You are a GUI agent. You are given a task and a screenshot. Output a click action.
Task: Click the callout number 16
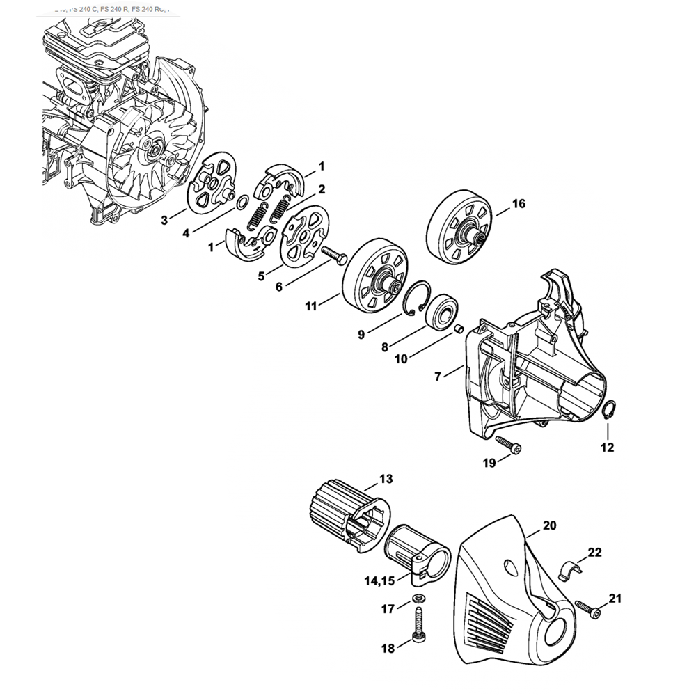(519, 204)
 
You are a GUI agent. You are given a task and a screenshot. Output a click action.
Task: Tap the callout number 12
(608, 448)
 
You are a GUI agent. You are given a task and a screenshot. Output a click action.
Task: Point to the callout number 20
(550, 526)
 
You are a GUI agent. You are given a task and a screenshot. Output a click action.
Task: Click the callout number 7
(438, 377)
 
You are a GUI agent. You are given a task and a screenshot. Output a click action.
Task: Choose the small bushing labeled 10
(459, 328)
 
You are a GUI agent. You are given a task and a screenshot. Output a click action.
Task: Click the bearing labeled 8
(441, 310)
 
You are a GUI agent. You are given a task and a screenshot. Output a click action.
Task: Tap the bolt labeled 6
(334, 256)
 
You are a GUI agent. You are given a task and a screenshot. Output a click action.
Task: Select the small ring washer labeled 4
(242, 203)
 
